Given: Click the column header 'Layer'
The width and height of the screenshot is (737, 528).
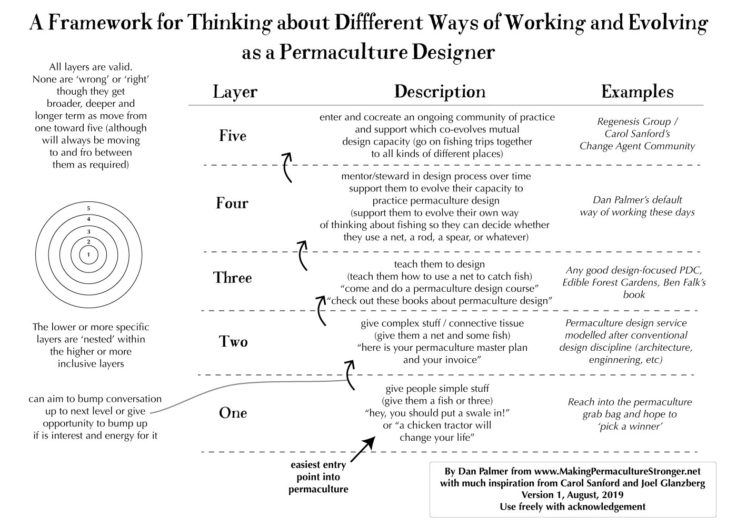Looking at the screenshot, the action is [235, 92].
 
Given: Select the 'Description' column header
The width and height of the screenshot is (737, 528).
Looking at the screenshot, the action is [440, 92].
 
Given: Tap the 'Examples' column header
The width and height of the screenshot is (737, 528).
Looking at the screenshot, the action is [637, 92].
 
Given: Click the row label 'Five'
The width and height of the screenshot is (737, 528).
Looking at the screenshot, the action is [233, 136].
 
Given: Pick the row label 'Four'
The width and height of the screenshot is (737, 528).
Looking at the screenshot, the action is [232, 203].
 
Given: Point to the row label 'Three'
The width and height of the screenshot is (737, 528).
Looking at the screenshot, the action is [233, 278].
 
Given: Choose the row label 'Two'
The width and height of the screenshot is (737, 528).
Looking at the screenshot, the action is [233, 342].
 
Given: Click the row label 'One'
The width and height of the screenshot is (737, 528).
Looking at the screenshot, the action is [233, 413].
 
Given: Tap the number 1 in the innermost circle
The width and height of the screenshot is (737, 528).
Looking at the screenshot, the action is [88, 255].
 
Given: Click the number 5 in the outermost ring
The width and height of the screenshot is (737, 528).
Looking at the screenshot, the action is [88, 209].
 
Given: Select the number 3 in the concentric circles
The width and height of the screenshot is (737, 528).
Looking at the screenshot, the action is [88, 231].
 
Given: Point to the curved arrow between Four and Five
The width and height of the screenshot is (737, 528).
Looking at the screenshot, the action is [287, 166].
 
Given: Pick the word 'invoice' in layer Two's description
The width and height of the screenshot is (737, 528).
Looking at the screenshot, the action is [459, 360].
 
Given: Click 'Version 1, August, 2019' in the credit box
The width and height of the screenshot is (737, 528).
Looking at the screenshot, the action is [572, 495].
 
